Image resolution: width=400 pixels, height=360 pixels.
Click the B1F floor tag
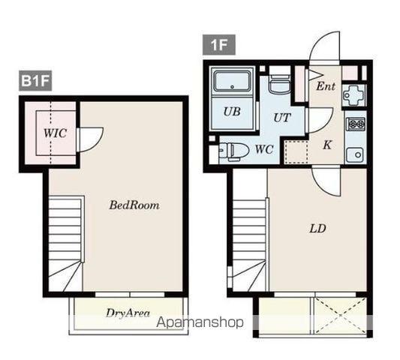pos(35,81)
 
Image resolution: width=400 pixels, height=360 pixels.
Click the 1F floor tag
pos(219,45)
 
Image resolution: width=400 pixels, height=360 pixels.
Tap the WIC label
pos(55,133)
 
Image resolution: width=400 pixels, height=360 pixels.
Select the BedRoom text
pos(134,205)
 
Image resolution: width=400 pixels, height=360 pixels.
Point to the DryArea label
pos(128,313)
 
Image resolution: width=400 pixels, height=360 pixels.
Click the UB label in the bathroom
pos(232,112)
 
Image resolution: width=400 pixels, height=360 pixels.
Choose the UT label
pos(282,118)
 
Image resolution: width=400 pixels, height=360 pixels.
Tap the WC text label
pos(264,149)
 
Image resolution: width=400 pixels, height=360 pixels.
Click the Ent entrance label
pos(326,86)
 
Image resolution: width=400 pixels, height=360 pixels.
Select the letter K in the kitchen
pos(327,145)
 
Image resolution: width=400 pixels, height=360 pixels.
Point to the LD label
pos(317,229)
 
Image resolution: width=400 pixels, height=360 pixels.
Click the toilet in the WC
pos(234,151)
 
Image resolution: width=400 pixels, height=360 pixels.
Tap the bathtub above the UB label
pos(232,81)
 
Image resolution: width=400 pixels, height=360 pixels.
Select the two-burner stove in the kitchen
pos(356,124)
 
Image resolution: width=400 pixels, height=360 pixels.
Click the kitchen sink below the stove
pos(355,154)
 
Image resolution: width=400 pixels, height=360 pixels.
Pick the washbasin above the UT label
pos(280,85)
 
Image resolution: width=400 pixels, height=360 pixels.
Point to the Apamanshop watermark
pos(200,322)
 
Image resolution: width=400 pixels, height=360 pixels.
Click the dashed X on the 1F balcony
pos(341,316)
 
